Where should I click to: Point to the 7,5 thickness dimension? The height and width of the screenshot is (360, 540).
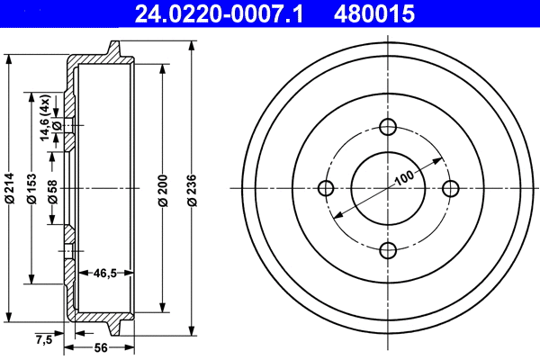click(42, 339)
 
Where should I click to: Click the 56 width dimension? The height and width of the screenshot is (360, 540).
click(101, 348)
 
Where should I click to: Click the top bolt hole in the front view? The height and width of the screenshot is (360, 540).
click(388, 126)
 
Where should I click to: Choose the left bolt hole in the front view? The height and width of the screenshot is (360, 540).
click(327, 188)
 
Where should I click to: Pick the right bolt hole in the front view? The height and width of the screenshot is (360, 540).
click(450, 188)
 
